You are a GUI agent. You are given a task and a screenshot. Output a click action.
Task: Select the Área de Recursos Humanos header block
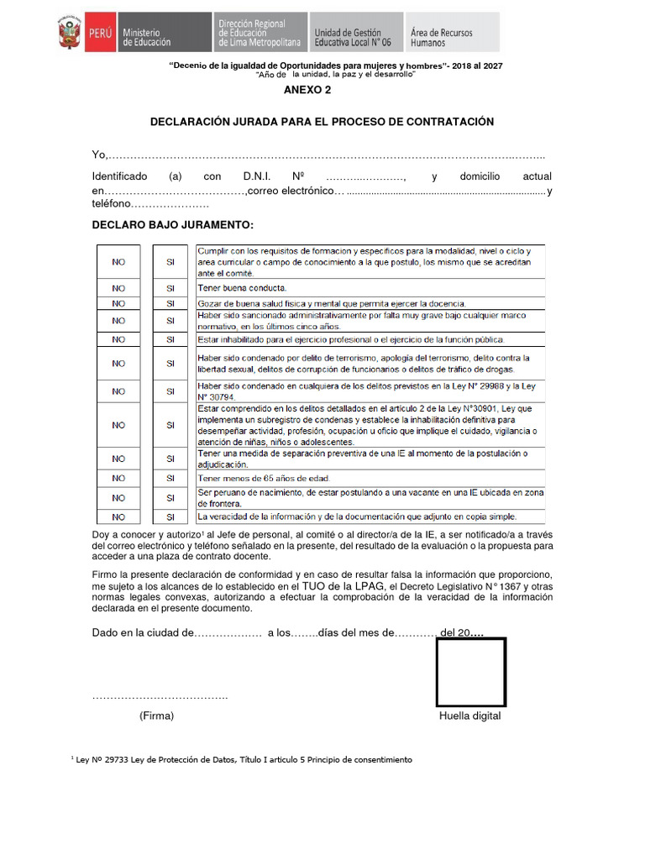click(x=451, y=33)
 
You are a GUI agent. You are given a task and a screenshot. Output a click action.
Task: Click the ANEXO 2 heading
click(x=307, y=90)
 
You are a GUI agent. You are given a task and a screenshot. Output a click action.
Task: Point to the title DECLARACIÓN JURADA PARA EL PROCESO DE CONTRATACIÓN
click(x=322, y=122)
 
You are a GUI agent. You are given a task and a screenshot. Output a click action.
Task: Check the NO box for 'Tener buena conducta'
click(x=118, y=287)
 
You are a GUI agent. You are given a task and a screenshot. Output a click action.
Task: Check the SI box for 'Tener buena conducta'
click(x=170, y=287)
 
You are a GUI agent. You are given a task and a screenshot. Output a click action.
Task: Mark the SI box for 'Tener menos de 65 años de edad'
click(x=170, y=478)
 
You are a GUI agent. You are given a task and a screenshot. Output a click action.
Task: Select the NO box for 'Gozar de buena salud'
click(x=118, y=303)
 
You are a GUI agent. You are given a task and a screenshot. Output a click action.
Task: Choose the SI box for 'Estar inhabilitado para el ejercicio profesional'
click(x=170, y=339)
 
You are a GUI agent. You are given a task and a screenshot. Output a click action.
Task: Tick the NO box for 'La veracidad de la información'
click(x=118, y=517)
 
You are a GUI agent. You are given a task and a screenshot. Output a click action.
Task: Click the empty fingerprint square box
click(x=470, y=672)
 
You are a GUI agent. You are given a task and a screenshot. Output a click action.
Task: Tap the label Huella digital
click(x=469, y=716)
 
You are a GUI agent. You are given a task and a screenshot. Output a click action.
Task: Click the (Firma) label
click(x=157, y=716)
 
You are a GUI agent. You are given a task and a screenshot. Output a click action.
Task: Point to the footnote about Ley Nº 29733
click(x=244, y=759)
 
